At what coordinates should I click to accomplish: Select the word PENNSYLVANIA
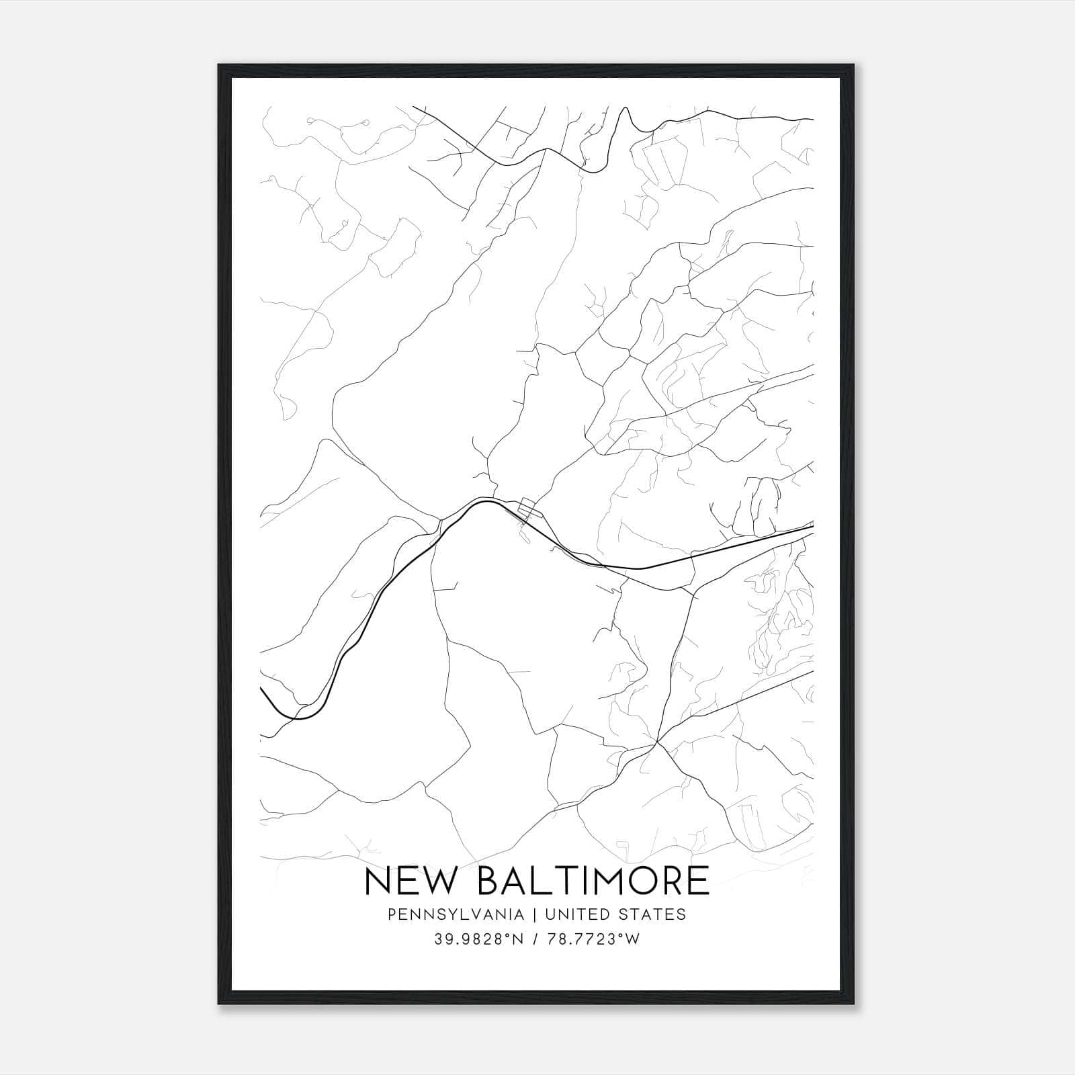pos(455,914)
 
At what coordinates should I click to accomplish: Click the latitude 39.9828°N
pos(478,939)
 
